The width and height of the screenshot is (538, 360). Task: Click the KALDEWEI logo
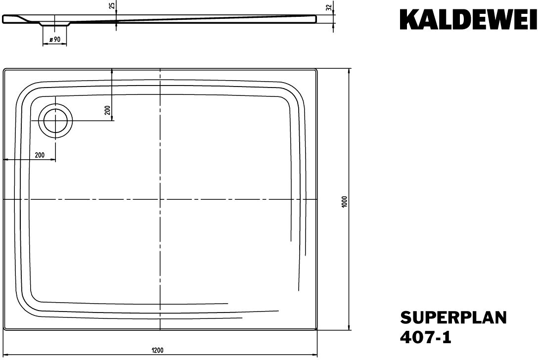[x=468, y=20]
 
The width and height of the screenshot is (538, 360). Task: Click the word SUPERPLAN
[x=453, y=317]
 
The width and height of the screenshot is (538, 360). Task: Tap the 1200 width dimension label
[x=157, y=351]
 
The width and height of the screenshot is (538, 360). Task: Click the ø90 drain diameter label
[x=55, y=39]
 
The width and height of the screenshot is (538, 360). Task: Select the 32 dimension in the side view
[x=329, y=8]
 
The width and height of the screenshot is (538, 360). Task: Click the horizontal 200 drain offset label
[x=40, y=155]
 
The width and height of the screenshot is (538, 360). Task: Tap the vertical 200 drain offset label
[x=107, y=110]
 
